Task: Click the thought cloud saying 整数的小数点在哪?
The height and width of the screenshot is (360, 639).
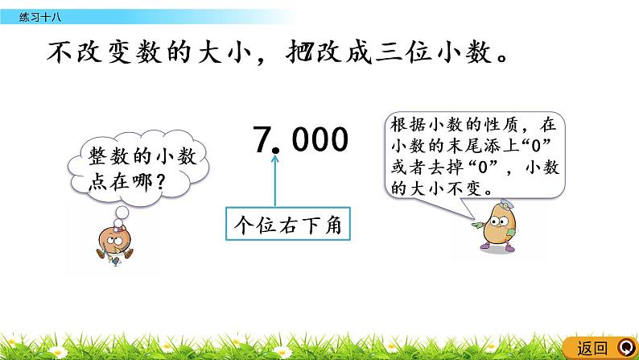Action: [x=134, y=168]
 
